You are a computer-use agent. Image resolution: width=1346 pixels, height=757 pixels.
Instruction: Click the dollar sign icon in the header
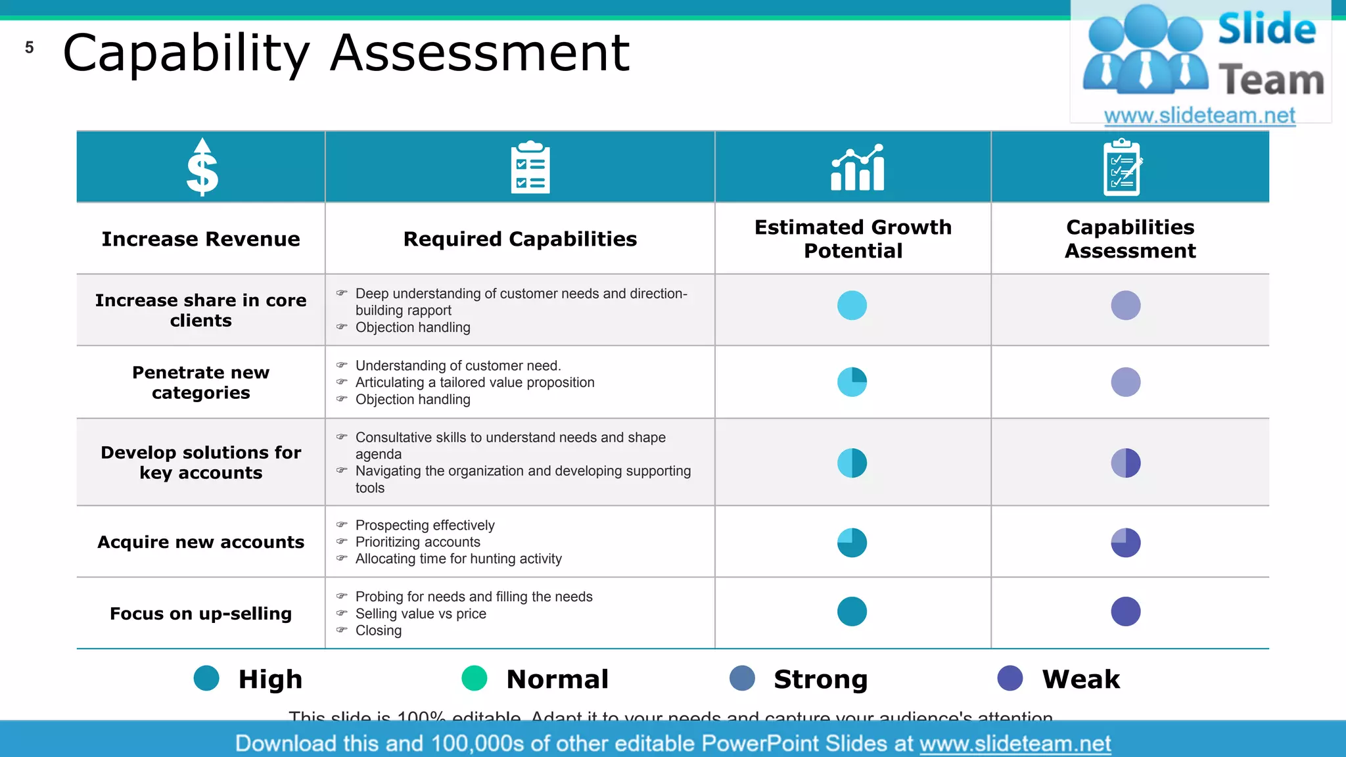(202, 168)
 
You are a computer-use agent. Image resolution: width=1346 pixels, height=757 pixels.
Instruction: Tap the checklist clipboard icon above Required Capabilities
(530, 167)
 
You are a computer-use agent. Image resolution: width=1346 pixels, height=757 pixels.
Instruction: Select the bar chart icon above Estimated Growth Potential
(858, 168)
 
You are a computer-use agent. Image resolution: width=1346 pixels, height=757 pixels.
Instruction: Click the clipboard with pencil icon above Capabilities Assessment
(1123, 167)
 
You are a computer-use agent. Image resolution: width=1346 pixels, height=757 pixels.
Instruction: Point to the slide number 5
(29, 47)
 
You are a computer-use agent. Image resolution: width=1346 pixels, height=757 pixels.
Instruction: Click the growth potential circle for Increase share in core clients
(852, 306)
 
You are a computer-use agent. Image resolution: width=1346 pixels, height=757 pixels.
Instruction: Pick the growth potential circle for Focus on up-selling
(852, 611)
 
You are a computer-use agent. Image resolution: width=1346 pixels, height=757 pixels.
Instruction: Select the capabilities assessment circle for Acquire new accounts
(1125, 543)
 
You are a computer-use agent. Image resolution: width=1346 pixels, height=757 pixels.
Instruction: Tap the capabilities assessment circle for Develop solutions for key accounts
(1125, 463)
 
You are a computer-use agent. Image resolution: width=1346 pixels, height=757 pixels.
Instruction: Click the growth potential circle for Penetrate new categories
(852, 382)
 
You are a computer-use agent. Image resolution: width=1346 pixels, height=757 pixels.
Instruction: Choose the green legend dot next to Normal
(475, 678)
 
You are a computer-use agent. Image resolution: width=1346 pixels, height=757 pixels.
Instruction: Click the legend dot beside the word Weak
(1009, 678)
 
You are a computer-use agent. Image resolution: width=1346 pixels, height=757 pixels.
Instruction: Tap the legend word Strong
(820, 679)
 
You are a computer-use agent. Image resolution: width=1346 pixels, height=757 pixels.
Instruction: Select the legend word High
(270, 679)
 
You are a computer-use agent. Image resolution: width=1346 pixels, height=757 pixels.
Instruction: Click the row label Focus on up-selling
(200, 614)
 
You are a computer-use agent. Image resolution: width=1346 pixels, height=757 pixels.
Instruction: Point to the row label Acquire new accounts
(200, 542)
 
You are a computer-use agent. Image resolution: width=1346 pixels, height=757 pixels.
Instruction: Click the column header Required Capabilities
(520, 239)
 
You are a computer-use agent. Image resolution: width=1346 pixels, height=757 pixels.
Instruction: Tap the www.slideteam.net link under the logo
(1199, 116)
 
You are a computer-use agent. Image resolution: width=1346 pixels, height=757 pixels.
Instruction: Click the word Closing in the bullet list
(379, 631)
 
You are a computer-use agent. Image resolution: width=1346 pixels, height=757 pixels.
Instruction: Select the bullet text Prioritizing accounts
(418, 542)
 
